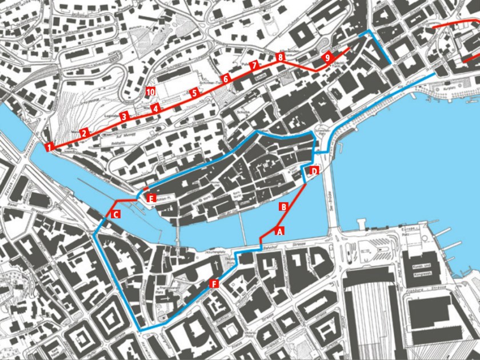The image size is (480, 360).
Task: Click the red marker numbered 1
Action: coord(50,147)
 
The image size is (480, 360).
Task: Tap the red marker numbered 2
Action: coord(84,133)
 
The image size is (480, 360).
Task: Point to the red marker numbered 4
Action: coord(154,107)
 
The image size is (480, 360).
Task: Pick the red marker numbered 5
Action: coord(194,92)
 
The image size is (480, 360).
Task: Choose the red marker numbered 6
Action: coord(226,78)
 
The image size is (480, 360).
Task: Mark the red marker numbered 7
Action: coord(254,65)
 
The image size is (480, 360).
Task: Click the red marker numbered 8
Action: coord(280,57)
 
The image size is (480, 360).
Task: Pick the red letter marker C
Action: coord(115,214)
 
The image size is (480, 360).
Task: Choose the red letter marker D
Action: coord(314,171)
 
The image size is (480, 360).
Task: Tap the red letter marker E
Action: coord(151,198)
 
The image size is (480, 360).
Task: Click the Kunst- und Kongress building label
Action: coord(423,259)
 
